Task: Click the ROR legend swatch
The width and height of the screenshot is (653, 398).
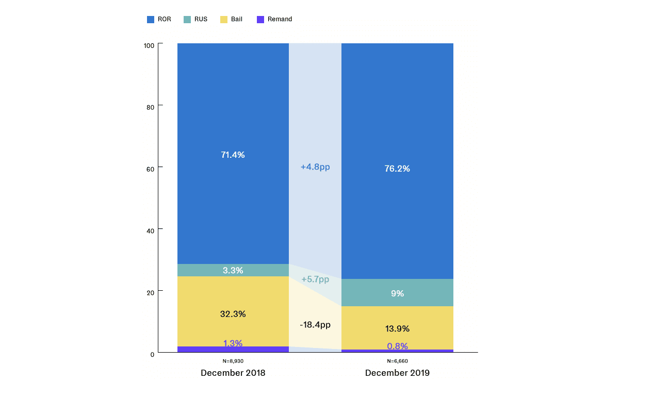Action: [151, 20]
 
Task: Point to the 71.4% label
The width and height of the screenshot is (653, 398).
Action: [233, 155]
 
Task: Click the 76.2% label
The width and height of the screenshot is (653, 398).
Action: [397, 169]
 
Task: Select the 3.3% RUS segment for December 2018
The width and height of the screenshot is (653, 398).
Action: [233, 270]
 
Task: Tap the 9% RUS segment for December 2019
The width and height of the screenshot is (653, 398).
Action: [397, 293]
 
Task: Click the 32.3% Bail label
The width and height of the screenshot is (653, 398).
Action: [233, 313]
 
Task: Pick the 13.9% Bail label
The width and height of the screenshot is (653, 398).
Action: [397, 328]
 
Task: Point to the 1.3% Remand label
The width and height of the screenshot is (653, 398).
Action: [233, 343]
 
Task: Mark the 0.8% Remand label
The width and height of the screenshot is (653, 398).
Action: [397, 346]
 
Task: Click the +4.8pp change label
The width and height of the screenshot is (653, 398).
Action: [315, 167]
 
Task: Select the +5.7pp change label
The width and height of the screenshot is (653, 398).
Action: [315, 279]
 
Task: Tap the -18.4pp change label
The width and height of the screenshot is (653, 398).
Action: [315, 325]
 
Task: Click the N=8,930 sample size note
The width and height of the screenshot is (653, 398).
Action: [233, 361]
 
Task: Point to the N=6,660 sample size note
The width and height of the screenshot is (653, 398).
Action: [397, 361]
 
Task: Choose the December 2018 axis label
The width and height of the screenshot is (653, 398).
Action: [233, 373]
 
